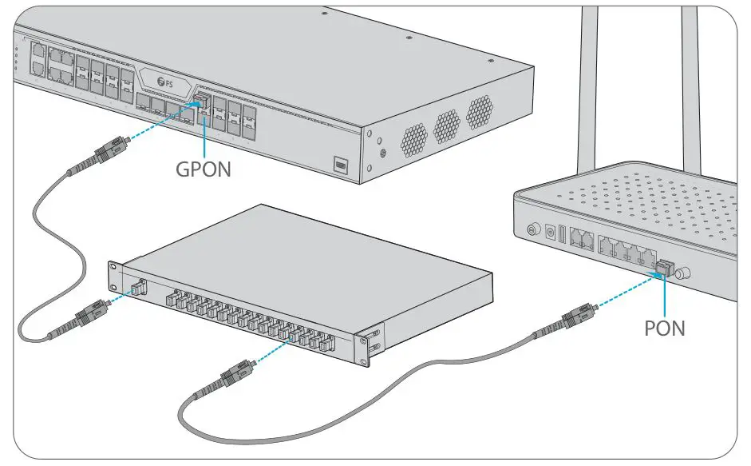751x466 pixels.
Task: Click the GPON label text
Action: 203,169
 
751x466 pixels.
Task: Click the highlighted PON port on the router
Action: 664,266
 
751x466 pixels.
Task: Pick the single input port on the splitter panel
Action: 136,285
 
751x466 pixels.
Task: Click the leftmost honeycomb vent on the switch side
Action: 413,139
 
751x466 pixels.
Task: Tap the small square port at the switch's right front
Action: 341,165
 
